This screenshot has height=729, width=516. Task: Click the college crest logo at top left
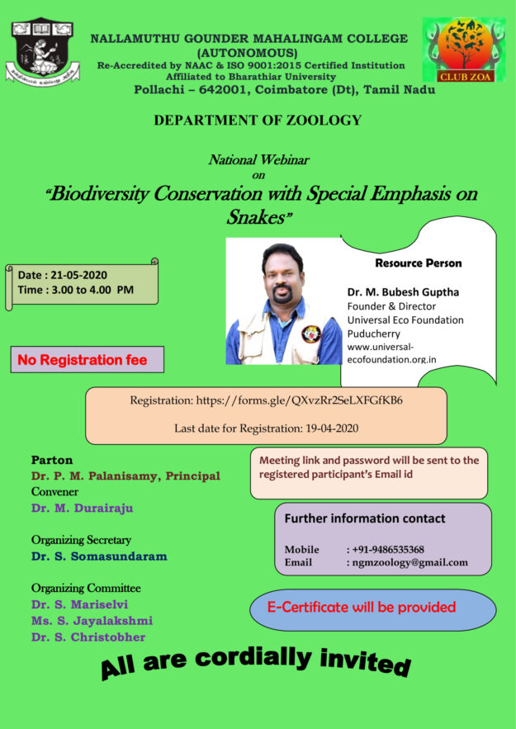(43, 50)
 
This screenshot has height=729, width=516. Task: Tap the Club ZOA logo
(465, 52)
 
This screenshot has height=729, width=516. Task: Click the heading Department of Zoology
(258, 121)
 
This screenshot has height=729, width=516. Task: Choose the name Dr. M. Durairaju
(82, 508)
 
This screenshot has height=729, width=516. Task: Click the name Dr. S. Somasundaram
(99, 556)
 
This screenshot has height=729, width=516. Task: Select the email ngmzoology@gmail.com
(407, 563)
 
